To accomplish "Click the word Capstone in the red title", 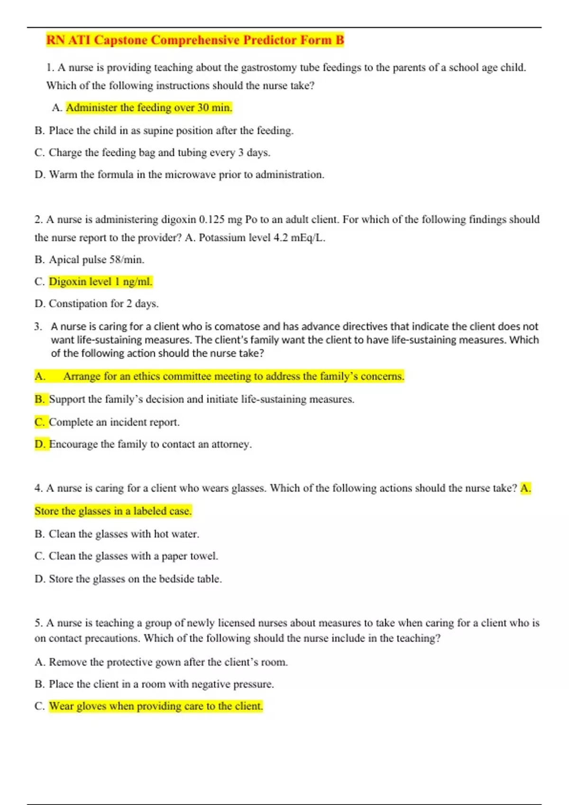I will pyautogui.click(x=120, y=40).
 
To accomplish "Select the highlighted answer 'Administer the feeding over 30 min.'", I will pyautogui.click(x=149, y=108).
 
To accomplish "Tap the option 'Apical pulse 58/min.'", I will pyautogui.click(x=96, y=259).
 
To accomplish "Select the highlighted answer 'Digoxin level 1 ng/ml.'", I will pyautogui.click(x=101, y=282).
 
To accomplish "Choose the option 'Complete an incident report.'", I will pyautogui.click(x=114, y=422).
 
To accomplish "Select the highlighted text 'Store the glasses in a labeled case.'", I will pyautogui.click(x=113, y=511).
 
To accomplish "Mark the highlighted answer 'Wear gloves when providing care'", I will pyautogui.click(x=156, y=706).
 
